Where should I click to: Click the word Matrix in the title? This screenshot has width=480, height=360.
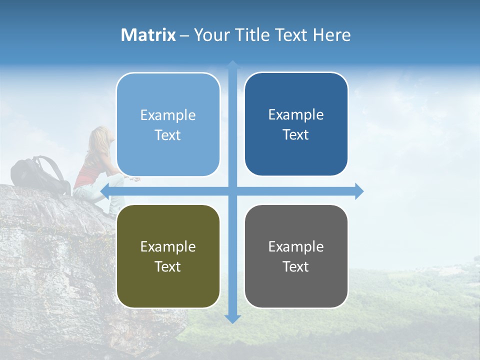pyautogui.click(x=148, y=35)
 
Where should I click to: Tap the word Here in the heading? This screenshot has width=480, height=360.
pyautogui.click(x=331, y=35)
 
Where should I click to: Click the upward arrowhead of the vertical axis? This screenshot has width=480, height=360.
pyautogui.click(x=232, y=65)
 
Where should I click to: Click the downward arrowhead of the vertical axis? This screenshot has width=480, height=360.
pyautogui.click(x=232, y=318)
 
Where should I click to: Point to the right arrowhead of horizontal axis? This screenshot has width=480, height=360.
pyautogui.click(x=358, y=191)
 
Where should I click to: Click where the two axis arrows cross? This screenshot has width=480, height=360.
pyautogui.click(x=232, y=191)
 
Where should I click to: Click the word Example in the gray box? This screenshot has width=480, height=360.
pyautogui.click(x=296, y=246)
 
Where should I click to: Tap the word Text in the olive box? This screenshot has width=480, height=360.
pyautogui.click(x=167, y=266)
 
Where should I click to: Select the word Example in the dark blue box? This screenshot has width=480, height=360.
pyautogui.click(x=296, y=115)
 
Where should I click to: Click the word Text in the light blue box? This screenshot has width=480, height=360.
pyautogui.click(x=167, y=135)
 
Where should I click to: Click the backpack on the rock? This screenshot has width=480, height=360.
pyautogui.click(x=40, y=175)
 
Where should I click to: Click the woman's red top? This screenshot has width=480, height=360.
pyautogui.click(x=90, y=172)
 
